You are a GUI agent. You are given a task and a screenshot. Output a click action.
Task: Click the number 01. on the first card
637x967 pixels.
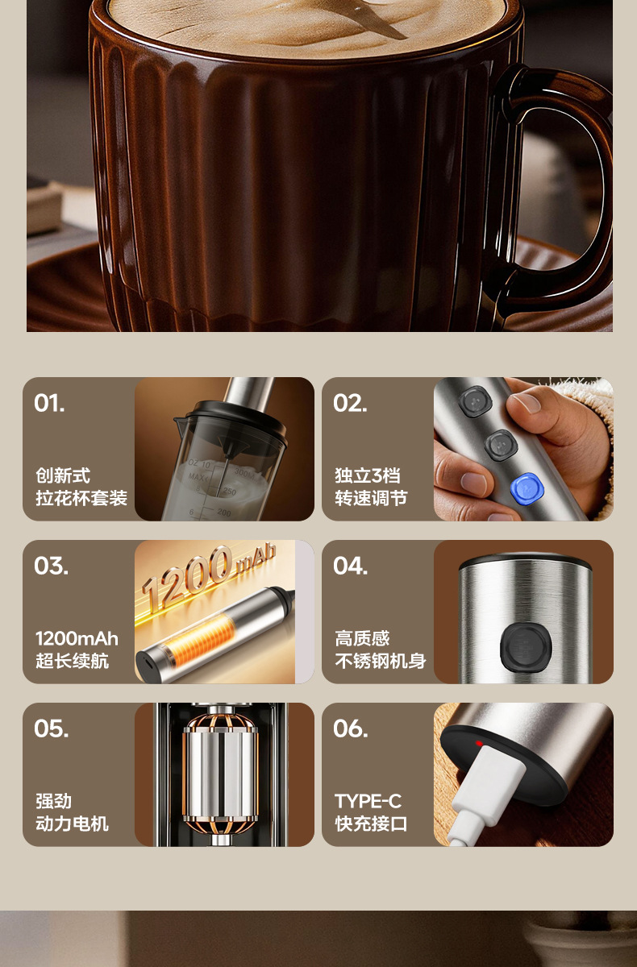pyautogui.click(x=49, y=403)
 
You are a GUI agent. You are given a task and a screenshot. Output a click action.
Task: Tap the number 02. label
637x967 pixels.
pyautogui.click(x=350, y=403)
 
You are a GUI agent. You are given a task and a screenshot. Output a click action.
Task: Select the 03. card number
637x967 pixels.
pyautogui.click(x=51, y=566)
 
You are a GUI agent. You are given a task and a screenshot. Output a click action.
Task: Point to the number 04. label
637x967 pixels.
pyautogui.click(x=350, y=566)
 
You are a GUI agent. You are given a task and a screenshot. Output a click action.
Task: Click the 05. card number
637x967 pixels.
pyautogui.click(x=51, y=728)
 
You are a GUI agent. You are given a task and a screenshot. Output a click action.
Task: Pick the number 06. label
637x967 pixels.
pyautogui.click(x=350, y=728)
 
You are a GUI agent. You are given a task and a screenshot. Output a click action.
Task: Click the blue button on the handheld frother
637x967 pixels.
pyautogui.click(x=527, y=490)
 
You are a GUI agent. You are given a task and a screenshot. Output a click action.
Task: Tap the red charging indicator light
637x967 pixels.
pyautogui.click(x=479, y=743)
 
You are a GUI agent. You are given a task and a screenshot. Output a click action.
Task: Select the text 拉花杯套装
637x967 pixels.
pyautogui.click(x=81, y=498)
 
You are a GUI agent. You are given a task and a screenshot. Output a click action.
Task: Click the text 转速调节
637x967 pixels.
pyautogui.click(x=371, y=498)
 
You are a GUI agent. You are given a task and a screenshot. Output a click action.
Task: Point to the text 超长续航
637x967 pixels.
pyautogui.click(x=72, y=661)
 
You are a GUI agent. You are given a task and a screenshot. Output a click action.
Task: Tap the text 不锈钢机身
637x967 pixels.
pyautogui.click(x=381, y=661)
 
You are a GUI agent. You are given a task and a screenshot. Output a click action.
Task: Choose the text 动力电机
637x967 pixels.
pyautogui.click(x=72, y=824)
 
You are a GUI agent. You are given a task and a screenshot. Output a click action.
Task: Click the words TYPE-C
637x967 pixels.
pyautogui.click(x=368, y=801)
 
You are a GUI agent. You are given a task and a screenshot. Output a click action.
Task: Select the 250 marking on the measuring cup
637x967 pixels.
pyautogui.click(x=230, y=492)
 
